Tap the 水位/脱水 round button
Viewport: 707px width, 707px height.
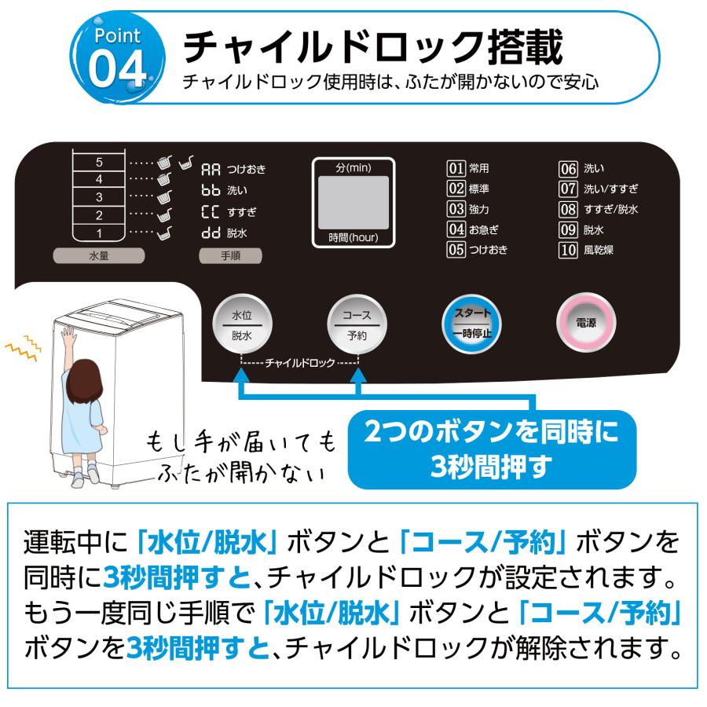[241, 324]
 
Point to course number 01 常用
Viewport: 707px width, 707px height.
[468, 167]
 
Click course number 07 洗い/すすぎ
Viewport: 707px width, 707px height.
[597, 189]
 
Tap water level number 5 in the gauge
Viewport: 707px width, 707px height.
[99, 163]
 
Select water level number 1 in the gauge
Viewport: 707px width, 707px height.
[99, 233]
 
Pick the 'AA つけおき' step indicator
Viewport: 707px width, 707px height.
[234, 168]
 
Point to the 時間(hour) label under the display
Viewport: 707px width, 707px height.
[353, 237]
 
